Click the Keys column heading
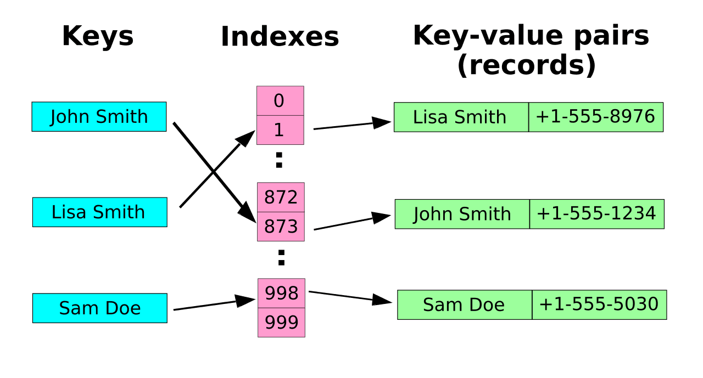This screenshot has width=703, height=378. [x=98, y=37]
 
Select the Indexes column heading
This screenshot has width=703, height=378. [x=280, y=37]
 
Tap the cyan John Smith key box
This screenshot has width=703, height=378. [x=99, y=117]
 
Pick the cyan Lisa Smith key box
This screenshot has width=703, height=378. [x=99, y=212]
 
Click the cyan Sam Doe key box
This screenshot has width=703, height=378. [x=99, y=308]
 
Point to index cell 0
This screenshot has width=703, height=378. [x=280, y=101]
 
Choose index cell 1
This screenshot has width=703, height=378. [x=280, y=131]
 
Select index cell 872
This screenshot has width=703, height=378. [x=281, y=198]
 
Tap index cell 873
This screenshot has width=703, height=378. [x=281, y=227]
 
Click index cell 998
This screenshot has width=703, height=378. [x=281, y=294]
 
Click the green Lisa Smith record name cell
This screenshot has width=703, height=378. [x=461, y=117]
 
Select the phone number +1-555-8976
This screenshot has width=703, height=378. [x=596, y=117]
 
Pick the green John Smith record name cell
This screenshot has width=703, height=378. [x=462, y=214]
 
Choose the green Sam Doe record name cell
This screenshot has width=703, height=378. [x=464, y=305]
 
